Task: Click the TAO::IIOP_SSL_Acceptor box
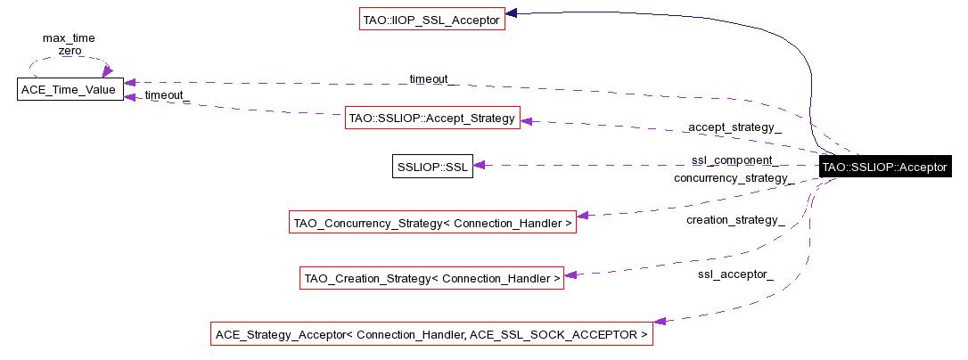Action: pyautogui.click(x=431, y=19)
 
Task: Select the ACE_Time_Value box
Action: pyautogui.click(x=70, y=89)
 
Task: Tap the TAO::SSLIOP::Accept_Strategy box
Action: pyautogui.click(x=432, y=119)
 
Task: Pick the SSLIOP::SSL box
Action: pyautogui.click(x=432, y=166)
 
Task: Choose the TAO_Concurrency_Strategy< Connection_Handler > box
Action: pyautogui.click(x=432, y=222)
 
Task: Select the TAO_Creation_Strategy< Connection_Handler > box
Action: pyautogui.click(x=432, y=278)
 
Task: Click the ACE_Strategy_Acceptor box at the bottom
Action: pyautogui.click(x=431, y=335)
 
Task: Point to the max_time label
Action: pyautogui.click(x=69, y=38)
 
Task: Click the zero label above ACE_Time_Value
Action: pyautogui.click(x=70, y=51)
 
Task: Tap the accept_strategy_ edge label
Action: pyautogui.click(x=734, y=127)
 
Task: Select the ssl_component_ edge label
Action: pyautogui.click(x=734, y=161)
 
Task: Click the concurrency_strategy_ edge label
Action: pyautogui.click(x=734, y=177)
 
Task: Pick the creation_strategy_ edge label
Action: pyautogui.click(x=734, y=219)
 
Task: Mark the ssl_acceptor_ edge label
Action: pyautogui.click(x=734, y=274)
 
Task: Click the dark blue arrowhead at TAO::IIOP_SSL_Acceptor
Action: pyautogui.click(x=513, y=13)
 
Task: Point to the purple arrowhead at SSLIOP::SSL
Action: pyautogui.click(x=479, y=165)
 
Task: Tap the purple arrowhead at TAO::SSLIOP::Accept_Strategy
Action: pyautogui.click(x=527, y=120)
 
